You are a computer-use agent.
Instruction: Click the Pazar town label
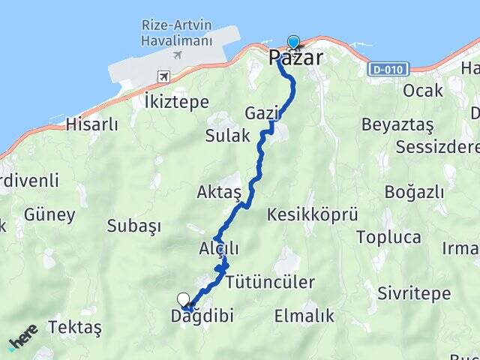[296, 58]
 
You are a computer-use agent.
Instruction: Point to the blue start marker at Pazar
[292, 43]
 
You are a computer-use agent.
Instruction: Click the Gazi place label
[261, 113]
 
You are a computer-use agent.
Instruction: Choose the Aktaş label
[218, 193]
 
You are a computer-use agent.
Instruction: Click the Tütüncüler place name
[269, 282]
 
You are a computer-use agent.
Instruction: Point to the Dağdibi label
[202, 316]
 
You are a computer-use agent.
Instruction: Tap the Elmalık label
[304, 316]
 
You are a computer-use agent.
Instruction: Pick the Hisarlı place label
[92, 124]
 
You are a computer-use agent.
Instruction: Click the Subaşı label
[134, 225]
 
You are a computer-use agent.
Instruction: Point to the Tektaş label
[74, 327]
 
